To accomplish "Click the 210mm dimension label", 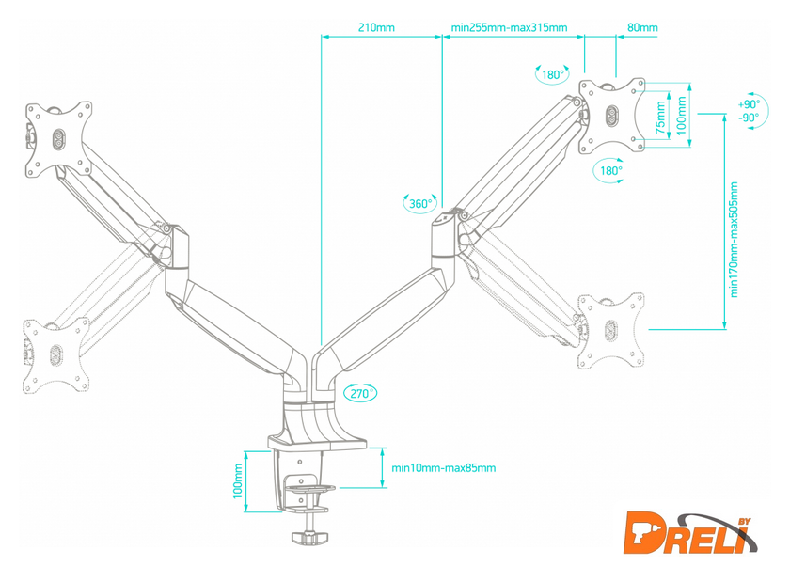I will pyautogui.click(x=376, y=27).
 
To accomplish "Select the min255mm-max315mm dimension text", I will pyautogui.click(x=509, y=27).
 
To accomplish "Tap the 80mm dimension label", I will pyautogui.click(x=643, y=27).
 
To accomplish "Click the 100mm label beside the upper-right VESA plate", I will pyautogui.click(x=681, y=114).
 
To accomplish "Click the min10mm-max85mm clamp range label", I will pyautogui.click(x=443, y=467).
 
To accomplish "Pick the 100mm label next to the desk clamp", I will pyautogui.click(x=238, y=484).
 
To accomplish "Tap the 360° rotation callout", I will pyautogui.click(x=421, y=204).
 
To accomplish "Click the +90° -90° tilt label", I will pyautogui.click(x=749, y=111).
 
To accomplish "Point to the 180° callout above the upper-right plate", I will pyautogui.click(x=553, y=75).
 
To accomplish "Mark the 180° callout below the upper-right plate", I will pyautogui.click(x=610, y=170).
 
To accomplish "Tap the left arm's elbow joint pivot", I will pyautogui.click(x=166, y=228).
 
